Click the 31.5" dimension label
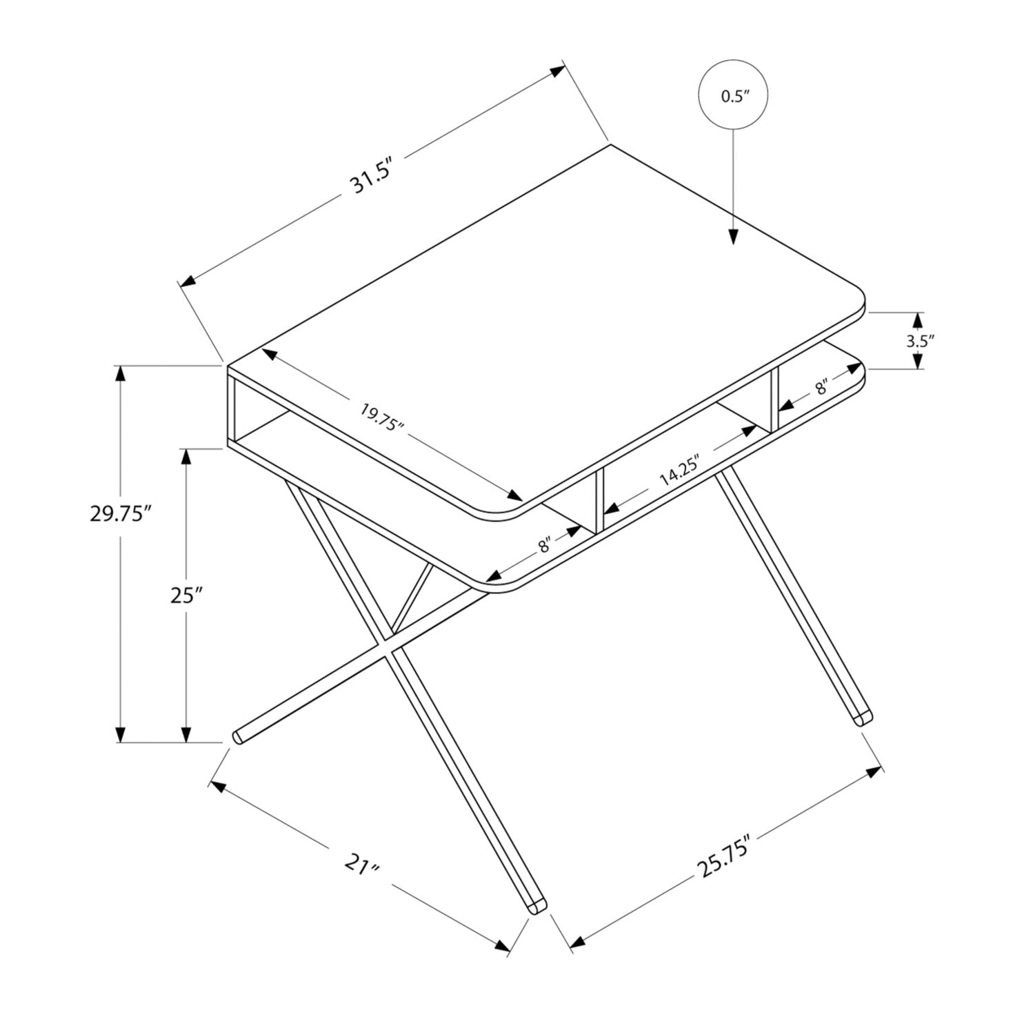tap(372, 177)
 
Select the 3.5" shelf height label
tap(920, 340)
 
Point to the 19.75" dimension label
tap(381, 417)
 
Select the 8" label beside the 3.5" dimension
tap(821, 386)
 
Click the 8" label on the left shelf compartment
tap(545, 545)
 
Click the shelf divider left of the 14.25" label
tap(600, 501)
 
